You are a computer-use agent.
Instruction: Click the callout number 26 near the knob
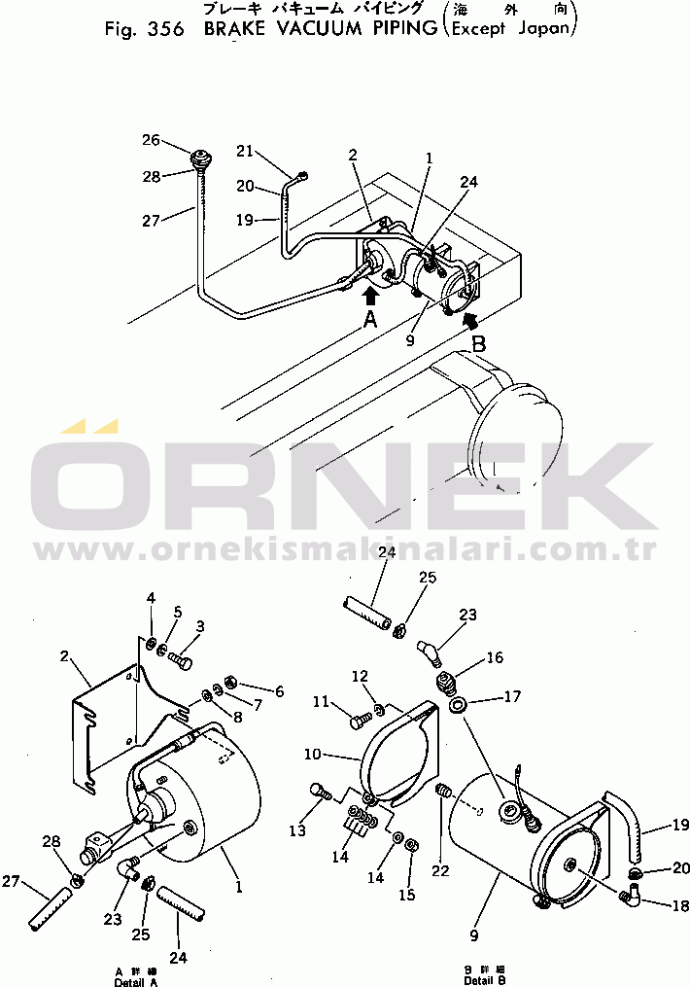pyautogui.click(x=151, y=140)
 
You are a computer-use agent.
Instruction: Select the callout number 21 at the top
pyautogui.click(x=244, y=151)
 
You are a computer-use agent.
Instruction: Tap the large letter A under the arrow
pyautogui.click(x=369, y=320)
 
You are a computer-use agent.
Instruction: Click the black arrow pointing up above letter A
pyautogui.click(x=370, y=292)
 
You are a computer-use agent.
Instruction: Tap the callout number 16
pyautogui.click(x=495, y=658)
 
